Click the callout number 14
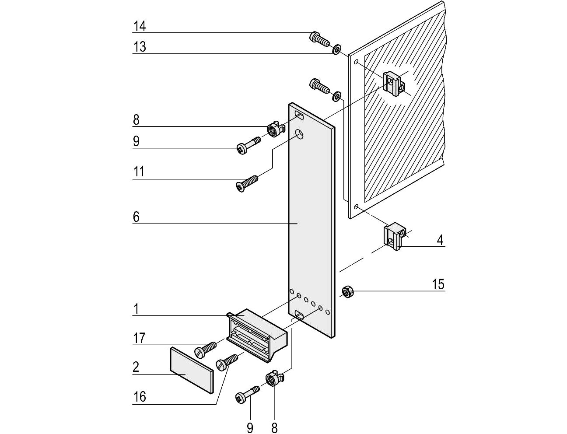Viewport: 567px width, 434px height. [x=140, y=26]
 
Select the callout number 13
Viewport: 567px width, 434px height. [x=140, y=47]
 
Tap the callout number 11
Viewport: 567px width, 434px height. [x=139, y=172]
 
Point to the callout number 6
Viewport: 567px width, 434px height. [x=136, y=217]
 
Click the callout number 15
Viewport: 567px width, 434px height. [x=438, y=284]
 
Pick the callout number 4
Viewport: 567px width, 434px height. [x=440, y=240]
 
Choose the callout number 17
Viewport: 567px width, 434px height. [x=140, y=338]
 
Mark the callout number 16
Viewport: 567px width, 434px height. [x=140, y=397]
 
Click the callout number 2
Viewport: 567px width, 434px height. [x=136, y=367]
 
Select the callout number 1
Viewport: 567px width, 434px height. [x=136, y=309]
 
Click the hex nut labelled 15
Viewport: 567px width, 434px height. [x=348, y=291]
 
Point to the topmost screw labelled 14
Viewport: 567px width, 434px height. [x=319, y=39]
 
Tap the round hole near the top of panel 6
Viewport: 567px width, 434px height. [x=300, y=133]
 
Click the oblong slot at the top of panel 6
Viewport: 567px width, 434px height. [x=300, y=115]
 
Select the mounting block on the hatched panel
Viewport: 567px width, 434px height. [x=392, y=84]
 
